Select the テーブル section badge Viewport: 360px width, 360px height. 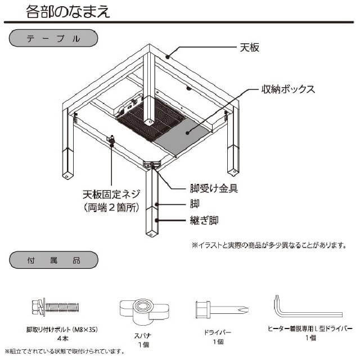tap(53, 39)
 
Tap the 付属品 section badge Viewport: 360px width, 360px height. tap(53, 260)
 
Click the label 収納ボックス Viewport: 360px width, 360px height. tap(287, 89)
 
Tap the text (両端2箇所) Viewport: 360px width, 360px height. tap(112, 208)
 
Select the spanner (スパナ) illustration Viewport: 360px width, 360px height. tap(143, 310)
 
